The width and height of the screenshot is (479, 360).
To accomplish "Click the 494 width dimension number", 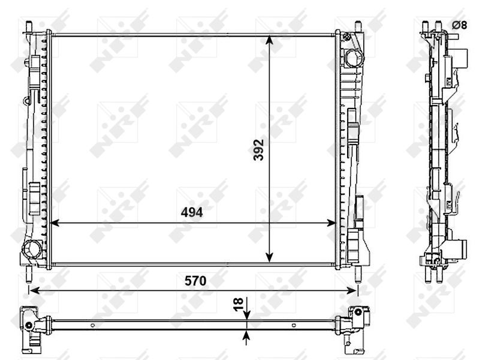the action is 191,212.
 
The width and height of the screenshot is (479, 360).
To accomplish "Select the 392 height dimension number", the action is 258,150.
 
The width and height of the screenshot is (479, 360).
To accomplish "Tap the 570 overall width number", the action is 195,281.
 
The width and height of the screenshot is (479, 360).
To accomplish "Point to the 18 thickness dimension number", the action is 238,304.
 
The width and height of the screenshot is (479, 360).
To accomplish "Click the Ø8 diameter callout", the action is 459,25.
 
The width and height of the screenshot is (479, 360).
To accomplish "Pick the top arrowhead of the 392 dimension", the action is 269,40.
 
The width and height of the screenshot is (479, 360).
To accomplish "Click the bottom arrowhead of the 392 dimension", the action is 269,257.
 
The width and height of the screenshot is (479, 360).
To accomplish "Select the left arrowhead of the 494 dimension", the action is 54,223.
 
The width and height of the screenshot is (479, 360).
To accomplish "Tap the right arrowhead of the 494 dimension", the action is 331,223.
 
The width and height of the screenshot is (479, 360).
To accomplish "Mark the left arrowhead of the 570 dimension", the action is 34,290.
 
